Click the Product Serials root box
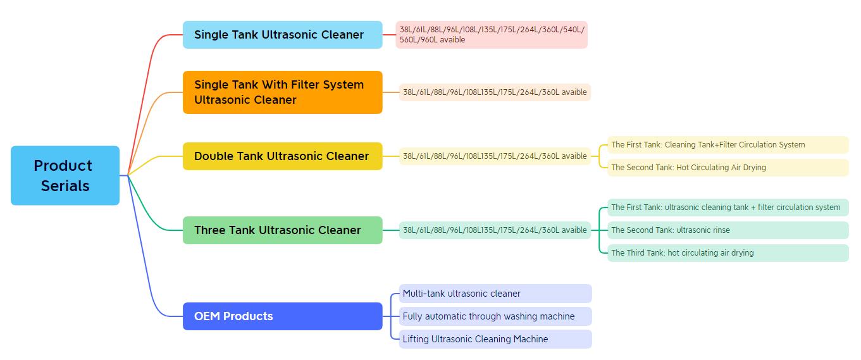pyautogui.click(x=65, y=175)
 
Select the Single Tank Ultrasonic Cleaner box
pyautogui.click(x=283, y=35)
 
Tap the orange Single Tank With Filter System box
pyautogui.click(x=283, y=92)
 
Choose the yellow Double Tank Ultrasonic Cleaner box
pyautogui.click(x=283, y=156)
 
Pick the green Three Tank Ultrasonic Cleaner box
pyautogui.click(x=283, y=230)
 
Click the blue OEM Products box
pyautogui.click(x=283, y=316)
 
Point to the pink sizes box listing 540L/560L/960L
pyautogui.click(x=492, y=35)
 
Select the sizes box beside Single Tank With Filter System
pyautogui.click(x=495, y=92)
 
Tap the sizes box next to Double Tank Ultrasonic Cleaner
pyautogui.click(x=495, y=156)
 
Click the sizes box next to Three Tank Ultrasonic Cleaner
pyautogui.click(x=495, y=230)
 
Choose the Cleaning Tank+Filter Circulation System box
pyautogui.click(x=728, y=145)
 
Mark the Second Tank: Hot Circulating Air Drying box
pyautogui.click(x=728, y=167)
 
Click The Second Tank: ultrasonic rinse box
pyautogui.click(x=728, y=230)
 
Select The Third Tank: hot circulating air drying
pyautogui.click(x=728, y=252)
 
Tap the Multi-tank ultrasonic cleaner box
pyautogui.click(x=495, y=294)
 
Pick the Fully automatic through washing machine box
pyautogui.click(x=495, y=316)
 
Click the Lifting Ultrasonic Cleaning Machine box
pyautogui.click(x=495, y=339)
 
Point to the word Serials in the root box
pyautogui.click(x=65, y=186)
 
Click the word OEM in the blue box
pyautogui.click(x=207, y=316)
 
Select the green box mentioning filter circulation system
pyautogui.click(x=728, y=208)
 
